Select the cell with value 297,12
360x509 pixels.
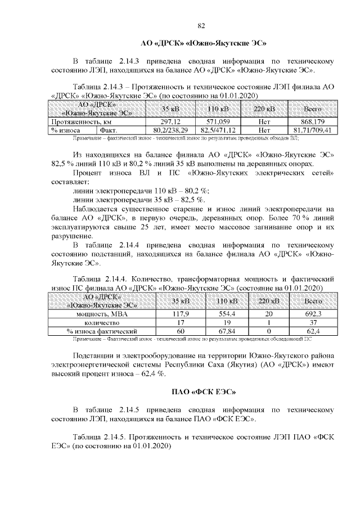coord(169,121)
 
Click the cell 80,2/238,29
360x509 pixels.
coord(169,130)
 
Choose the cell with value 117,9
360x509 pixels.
coord(179,314)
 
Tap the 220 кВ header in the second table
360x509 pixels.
coord(264,301)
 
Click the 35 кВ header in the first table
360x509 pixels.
coord(169,109)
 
